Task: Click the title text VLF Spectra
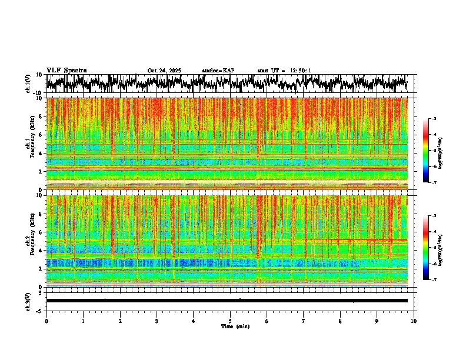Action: (x=66, y=71)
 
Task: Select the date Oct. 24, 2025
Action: (x=164, y=71)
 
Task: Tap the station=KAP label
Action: (x=218, y=71)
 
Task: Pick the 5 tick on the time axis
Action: (x=230, y=321)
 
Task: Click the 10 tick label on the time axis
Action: (x=414, y=321)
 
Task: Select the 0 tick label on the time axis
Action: (x=46, y=321)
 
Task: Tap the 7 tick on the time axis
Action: (x=304, y=321)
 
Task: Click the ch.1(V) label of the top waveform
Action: (x=28, y=84)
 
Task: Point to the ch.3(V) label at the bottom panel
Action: (x=28, y=300)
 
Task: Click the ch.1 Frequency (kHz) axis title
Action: (x=31, y=144)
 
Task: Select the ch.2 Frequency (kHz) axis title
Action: (x=31, y=241)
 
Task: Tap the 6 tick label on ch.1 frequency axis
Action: (x=39, y=135)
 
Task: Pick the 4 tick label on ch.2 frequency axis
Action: (x=39, y=250)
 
